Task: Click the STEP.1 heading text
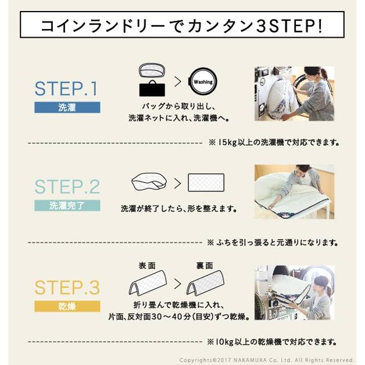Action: click(x=67, y=88)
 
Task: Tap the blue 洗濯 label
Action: click(x=67, y=108)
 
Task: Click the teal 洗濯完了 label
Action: click(x=67, y=205)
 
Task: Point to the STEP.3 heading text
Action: click(x=67, y=287)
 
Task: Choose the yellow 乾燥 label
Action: click(x=67, y=306)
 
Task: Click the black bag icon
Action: click(x=152, y=89)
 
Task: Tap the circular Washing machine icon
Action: click(x=203, y=82)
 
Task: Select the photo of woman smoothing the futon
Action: click(x=294, y=191)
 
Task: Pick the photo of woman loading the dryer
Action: click(x=294, y=292)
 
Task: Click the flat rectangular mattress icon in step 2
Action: click(x=206, y=183)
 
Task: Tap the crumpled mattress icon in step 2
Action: click(x=150, y=182)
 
